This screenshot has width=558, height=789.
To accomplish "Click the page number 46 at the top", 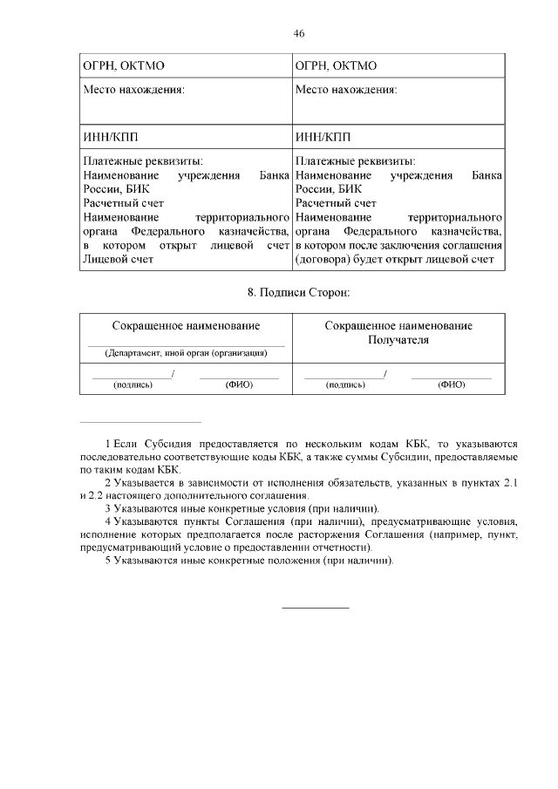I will (299, 33).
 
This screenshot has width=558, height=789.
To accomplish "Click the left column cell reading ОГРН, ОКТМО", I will (123, 65).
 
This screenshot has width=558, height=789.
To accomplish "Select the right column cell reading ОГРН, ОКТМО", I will (336, 65).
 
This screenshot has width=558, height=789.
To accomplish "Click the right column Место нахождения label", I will (347, 90).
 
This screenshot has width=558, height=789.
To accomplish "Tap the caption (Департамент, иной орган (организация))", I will (186, 353).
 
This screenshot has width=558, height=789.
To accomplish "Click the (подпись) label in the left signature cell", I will (133, 384).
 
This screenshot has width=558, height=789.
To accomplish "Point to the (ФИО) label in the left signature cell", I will (239, 384).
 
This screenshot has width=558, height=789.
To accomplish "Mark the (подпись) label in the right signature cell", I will (345, 384).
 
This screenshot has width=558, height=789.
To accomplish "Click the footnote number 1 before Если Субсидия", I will (107, 444).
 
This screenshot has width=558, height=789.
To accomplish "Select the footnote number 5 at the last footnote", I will (107, 561).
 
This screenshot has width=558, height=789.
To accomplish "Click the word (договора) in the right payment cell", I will (323, 259).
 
